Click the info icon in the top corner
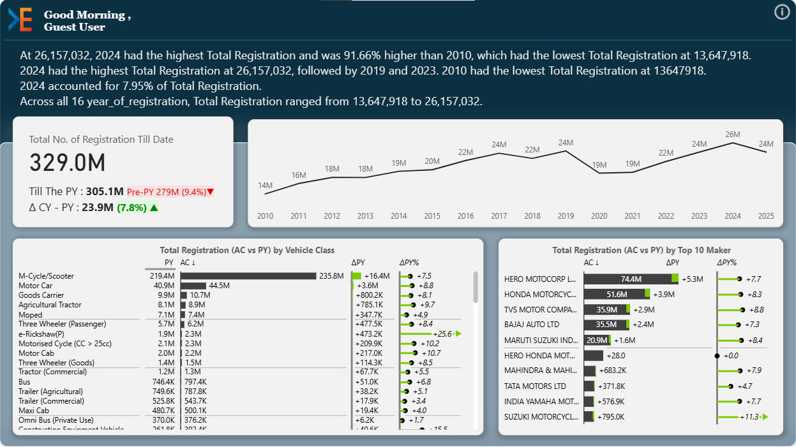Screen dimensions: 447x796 tap(782, 12)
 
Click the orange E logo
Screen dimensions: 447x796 tap(20, 20)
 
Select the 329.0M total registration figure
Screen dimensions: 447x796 tap(67, 163)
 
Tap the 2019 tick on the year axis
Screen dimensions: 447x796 tap(566, 216)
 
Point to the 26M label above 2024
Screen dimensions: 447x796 tap(733, 135)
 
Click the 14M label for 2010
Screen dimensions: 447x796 tap(265, 186)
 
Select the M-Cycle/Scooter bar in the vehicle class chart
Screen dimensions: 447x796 tap(248, 276)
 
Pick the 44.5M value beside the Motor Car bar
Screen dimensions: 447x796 tap(220, 286)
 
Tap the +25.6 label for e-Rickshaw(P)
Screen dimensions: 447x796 tap(442, 333)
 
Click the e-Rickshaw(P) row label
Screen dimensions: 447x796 tap(41, 333)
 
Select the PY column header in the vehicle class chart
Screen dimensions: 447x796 tap(169, 262)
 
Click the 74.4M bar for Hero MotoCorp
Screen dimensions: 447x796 tap(631, 279)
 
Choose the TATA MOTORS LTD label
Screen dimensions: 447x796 tap(535, 386)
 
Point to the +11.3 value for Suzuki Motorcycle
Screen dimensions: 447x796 tap(748, 417)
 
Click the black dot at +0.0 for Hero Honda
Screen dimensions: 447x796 tap(717, 355)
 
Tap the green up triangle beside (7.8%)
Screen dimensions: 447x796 tap(154, 207)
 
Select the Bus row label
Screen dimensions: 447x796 tap(25, 381)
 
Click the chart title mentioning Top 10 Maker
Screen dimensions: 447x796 tap(641, 251)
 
